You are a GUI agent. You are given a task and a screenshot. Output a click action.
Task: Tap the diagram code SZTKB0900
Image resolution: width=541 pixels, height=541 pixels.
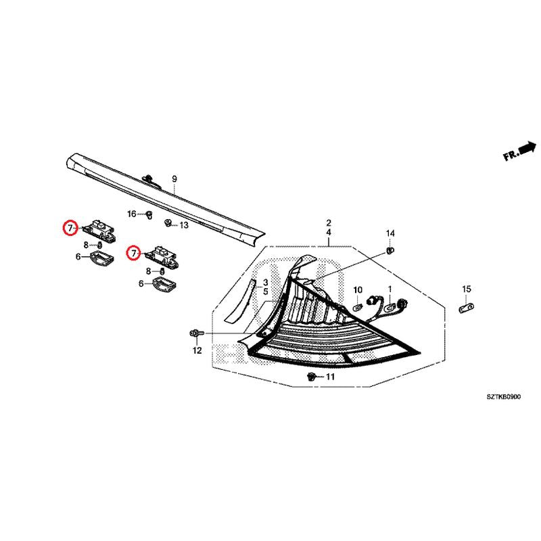pos(504,397)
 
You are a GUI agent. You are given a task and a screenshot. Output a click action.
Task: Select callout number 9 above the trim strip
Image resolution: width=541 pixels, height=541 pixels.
pos(174,179)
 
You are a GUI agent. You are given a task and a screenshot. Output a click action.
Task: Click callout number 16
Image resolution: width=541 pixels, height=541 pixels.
pos(132,214)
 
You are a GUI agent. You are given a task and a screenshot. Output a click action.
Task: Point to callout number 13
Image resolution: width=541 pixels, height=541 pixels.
pos(184,225)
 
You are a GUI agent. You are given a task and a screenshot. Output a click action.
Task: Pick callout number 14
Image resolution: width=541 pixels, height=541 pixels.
pos(390,233)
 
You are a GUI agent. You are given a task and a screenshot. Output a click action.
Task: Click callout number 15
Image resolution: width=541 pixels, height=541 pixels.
pos(467,289)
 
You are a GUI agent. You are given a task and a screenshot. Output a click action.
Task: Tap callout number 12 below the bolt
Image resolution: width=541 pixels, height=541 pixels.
pos(197,350)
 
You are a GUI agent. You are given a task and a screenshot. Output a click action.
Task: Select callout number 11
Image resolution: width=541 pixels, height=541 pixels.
pos(330,377)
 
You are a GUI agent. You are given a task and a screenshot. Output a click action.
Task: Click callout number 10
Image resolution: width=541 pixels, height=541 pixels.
pos(358,290)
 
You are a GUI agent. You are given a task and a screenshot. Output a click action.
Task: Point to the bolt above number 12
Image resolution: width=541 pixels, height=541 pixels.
pos(197,333)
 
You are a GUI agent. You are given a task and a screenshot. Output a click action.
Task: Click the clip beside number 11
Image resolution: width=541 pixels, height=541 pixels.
pos(312,377)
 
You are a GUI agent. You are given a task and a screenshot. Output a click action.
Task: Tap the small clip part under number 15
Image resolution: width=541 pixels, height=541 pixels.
pos(467,307)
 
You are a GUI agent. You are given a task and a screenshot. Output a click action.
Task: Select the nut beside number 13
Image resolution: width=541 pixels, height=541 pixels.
pos(168,222)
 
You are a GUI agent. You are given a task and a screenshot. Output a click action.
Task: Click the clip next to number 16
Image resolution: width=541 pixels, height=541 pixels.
pos(149,215)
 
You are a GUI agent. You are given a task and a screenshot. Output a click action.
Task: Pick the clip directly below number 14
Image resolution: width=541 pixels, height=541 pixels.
pos(390,250)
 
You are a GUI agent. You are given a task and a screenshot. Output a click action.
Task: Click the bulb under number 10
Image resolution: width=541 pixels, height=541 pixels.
pos(358,307)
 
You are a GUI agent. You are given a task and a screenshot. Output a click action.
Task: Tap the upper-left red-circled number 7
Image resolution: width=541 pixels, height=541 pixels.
pos(70,228)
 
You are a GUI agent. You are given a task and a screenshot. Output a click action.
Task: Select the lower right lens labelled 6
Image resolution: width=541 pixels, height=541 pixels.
pos(164,284)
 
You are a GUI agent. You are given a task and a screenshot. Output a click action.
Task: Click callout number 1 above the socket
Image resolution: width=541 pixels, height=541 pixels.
pos(390,289)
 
